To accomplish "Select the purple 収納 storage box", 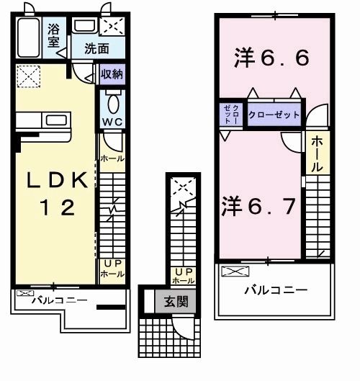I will pyautogui.click(x=111, y=73).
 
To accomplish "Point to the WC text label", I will pyautogui.click(x=111, y=122).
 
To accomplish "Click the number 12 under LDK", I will pyautogui.click(x=55, y=207).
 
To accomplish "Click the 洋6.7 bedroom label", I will pyautogui.click(x=257, y=206).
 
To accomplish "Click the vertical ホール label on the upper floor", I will pyautogui.click(x=317, y=153).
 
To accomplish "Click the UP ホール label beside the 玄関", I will pyautogui.click(x=183, y=276).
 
